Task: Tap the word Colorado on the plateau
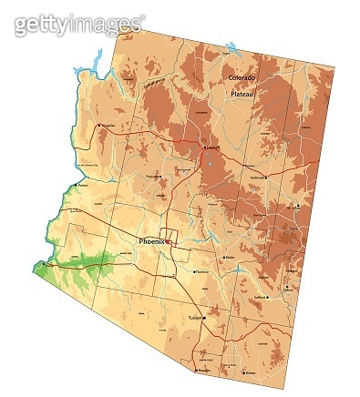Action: point(243,79)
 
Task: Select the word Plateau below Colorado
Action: point(243,94)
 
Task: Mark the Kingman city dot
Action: point(100,126)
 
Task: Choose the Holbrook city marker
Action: point(250,177)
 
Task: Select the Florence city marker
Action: point(194,270)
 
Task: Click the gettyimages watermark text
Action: point(79,24)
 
